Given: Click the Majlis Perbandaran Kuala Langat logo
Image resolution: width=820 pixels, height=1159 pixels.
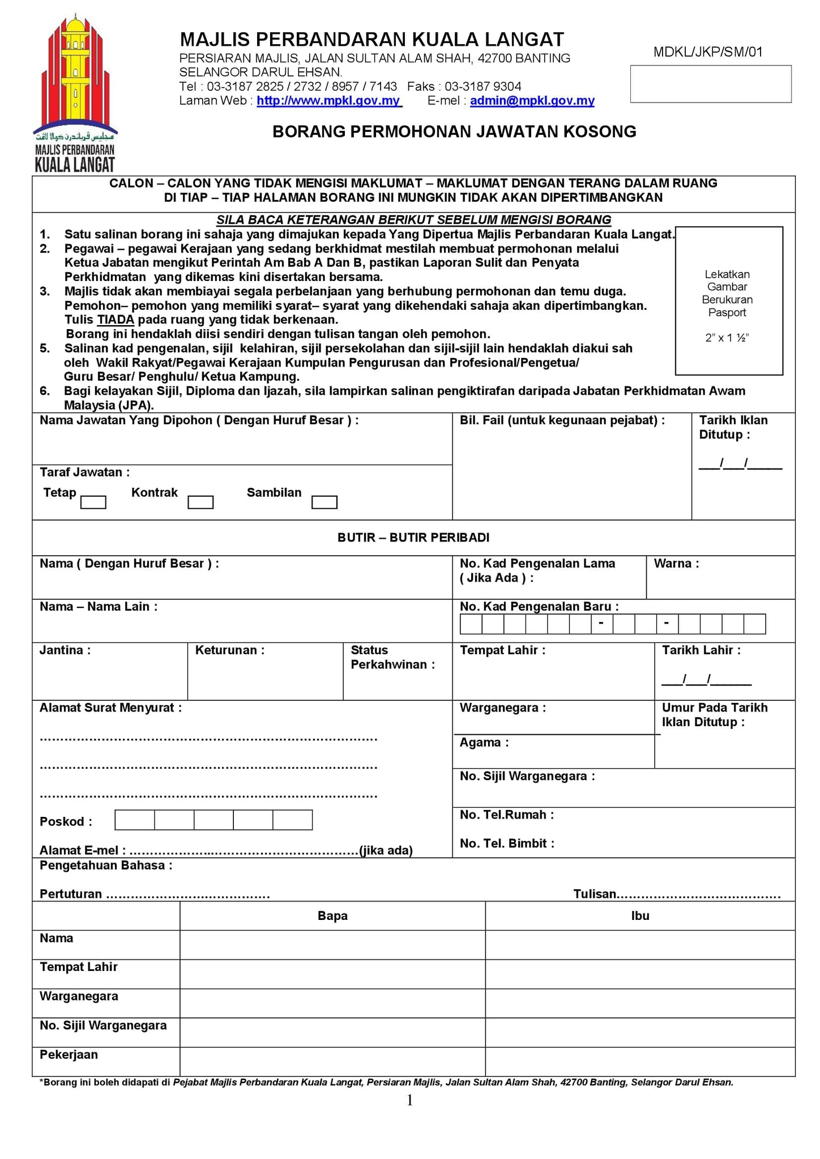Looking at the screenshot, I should (x=75, y=93).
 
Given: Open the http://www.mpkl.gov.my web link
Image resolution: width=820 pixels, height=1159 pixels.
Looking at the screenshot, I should (x=328, y=101).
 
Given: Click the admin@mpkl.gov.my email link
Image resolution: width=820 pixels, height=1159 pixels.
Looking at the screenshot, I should (x=532, y=101).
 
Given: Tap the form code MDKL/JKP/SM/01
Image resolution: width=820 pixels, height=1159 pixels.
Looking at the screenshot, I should (x=707, y=52).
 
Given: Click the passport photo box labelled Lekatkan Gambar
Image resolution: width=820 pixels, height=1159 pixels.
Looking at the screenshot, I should (x=728, y=301).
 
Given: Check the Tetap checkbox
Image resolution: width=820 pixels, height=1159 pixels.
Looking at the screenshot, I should (x=93, y=502).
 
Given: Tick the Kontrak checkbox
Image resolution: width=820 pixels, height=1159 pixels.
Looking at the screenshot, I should (x=200, y=502).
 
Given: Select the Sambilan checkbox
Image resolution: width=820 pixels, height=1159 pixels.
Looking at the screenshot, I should (x=324, y=502).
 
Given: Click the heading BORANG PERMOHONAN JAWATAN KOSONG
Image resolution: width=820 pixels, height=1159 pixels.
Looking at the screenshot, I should (x=454, y=131).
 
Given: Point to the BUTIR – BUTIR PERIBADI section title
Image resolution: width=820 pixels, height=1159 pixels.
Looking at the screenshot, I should (x=413, y=538).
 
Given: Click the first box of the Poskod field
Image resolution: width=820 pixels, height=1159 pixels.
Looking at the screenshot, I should (x=135, y=820).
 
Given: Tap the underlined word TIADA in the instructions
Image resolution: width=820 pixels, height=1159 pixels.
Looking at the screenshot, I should (x=116, y=320).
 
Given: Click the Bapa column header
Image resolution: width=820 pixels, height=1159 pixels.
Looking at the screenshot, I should (x=332, y=916).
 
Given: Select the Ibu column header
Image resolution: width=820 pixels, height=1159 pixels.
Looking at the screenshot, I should (x=640, y=916).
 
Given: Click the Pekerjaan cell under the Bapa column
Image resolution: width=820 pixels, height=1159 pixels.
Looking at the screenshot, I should (x=332, y=1062).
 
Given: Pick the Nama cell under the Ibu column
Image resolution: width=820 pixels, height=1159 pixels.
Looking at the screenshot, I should (x=640, y=945).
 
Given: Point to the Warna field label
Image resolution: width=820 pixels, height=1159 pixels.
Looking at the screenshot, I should (x=676, y=564).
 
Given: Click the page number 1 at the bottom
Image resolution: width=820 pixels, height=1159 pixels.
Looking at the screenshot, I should (x=410, y=1101).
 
